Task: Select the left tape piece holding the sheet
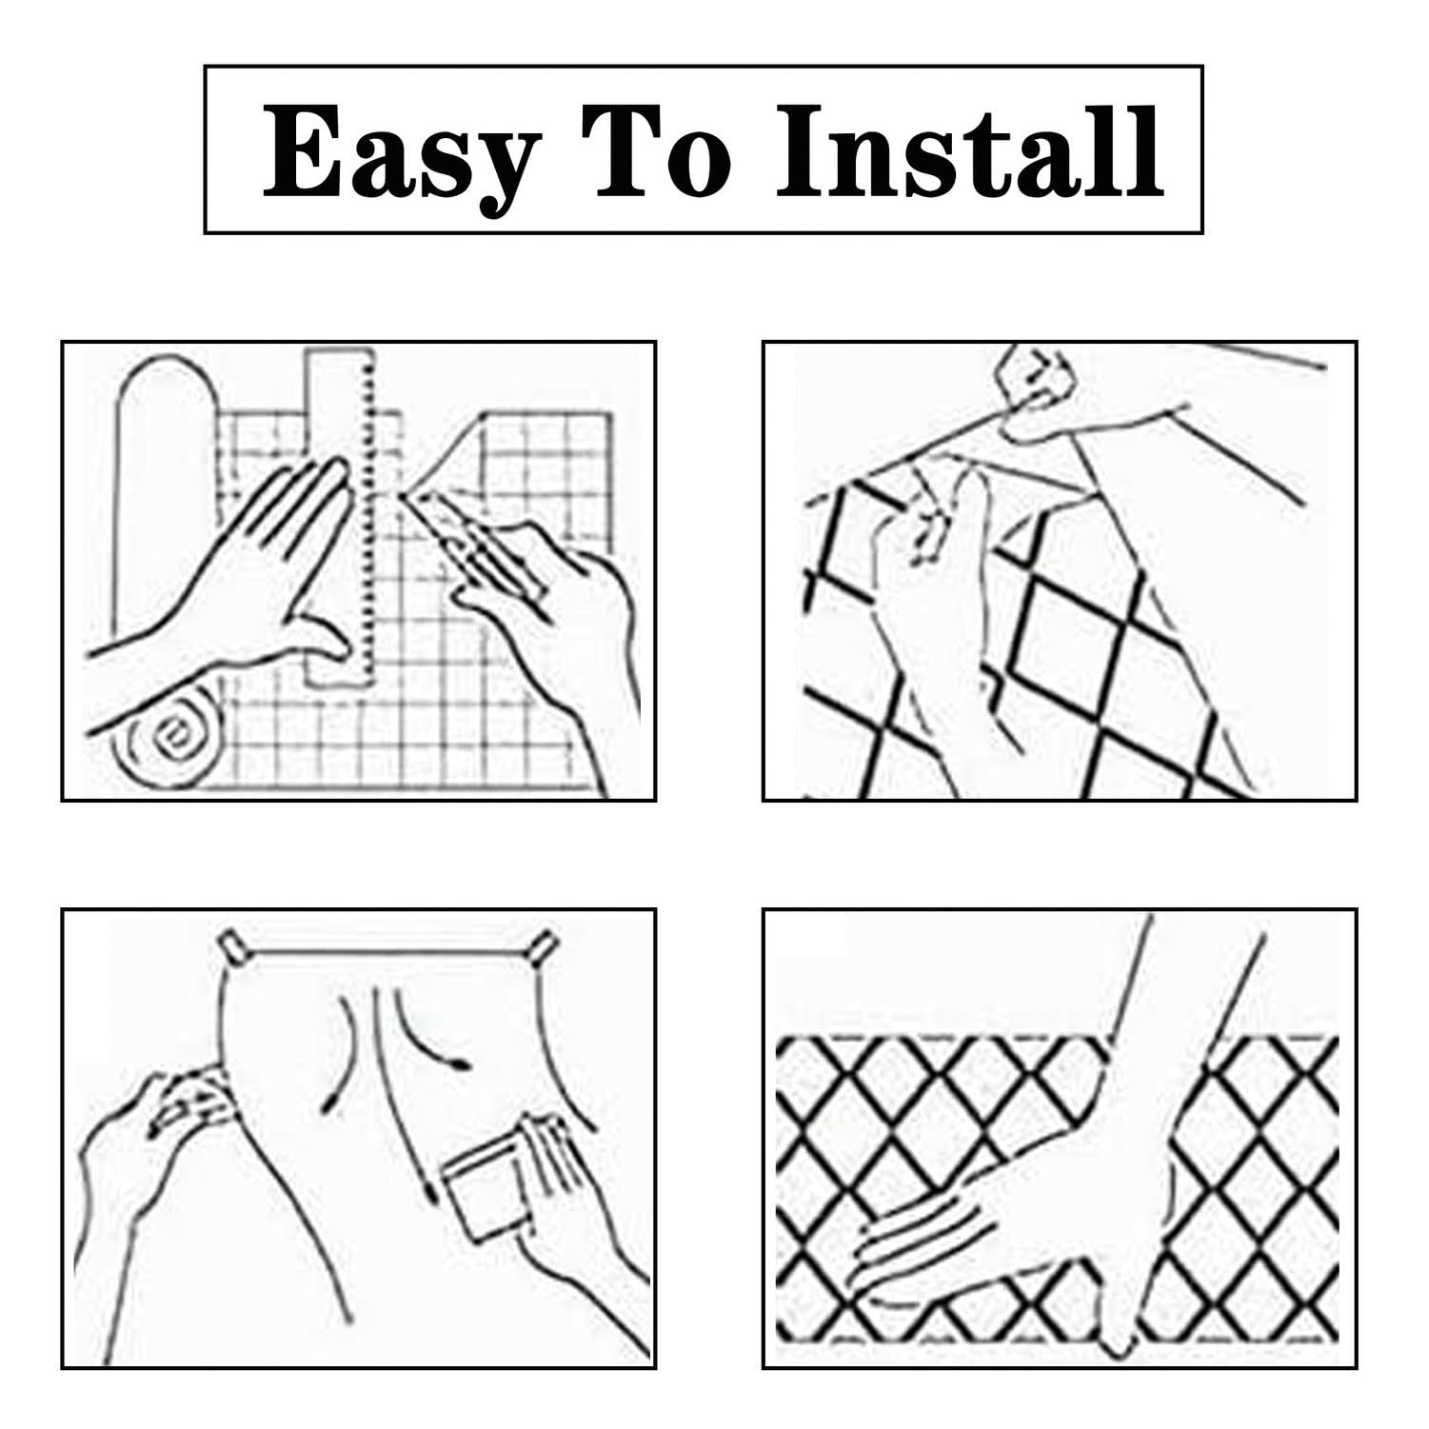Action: click(230, 946)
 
